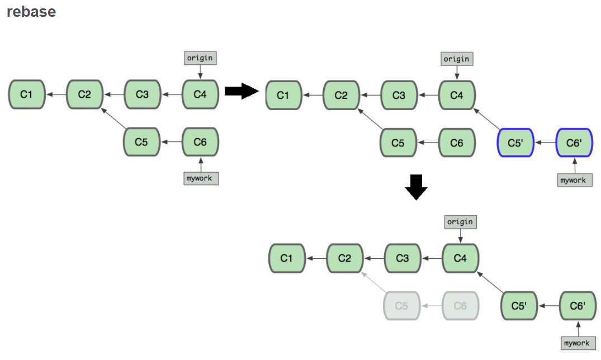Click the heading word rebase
[x=31, y=12]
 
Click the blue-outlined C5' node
[x=515, y=143]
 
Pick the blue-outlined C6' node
[x=574, y=143]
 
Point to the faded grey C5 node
[x=401, y=306]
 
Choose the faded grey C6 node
[x=460, y=306]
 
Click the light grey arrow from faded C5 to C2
[x=373, y=283]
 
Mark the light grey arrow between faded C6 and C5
[x=431, y=306]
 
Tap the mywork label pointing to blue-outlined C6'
[x=574, y=180]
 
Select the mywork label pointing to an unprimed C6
[x=201, y=178]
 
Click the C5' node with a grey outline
[x=519, y=306]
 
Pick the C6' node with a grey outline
[x=578, y=306]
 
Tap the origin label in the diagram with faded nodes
[x=460, y=222]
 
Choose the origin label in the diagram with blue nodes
[x=456, y=59]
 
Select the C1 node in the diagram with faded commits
[x=287, y=258]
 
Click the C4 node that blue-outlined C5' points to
[x=457, y=95]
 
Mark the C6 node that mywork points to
[x=200, y=142]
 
